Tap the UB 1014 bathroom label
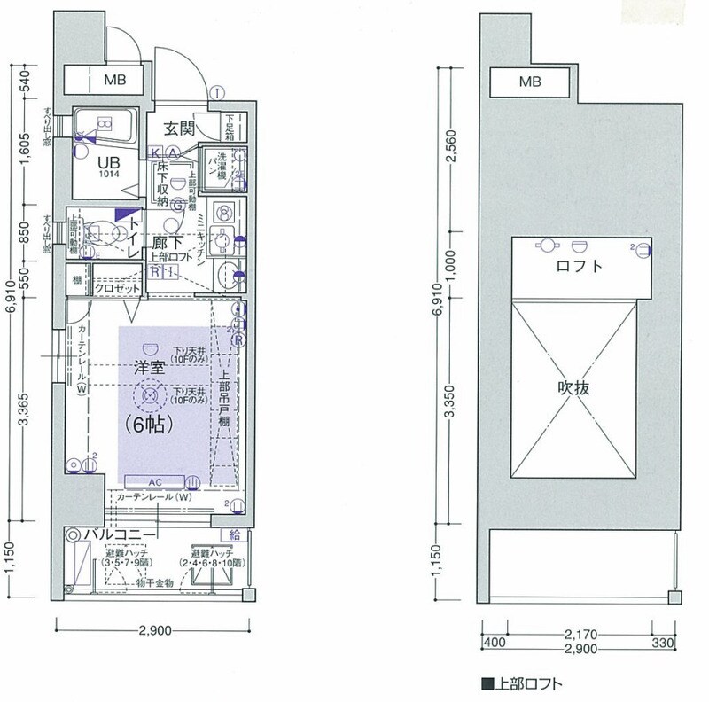tap(109, 166)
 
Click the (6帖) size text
tap(148, 424)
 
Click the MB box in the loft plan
tap(530, 82)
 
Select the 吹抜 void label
tap(574, 387)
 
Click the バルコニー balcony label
tap(121, 534)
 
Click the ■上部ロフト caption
tap(523, 683)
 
